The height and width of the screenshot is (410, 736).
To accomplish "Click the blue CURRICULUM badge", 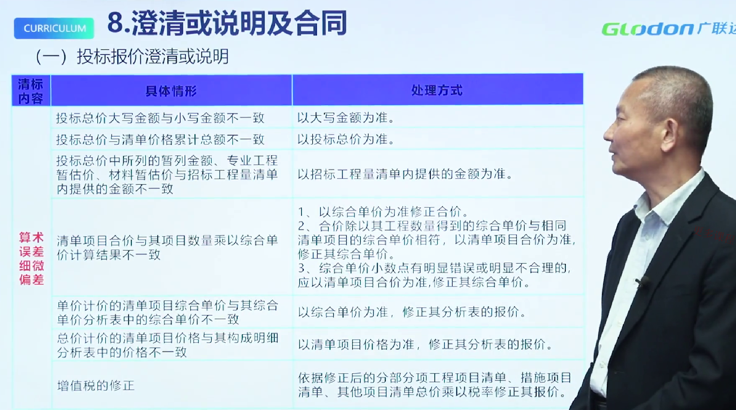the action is (x=54, y=28).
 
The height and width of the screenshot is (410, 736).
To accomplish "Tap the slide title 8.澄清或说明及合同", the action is (x=227, y=23).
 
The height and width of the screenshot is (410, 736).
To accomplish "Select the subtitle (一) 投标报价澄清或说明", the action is (x=132, y=56).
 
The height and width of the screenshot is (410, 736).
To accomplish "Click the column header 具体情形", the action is (x=171, y=91).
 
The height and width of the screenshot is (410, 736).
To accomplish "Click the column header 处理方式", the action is (x=437, y=91).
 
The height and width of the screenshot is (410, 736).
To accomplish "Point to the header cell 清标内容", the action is (x=31, y=91).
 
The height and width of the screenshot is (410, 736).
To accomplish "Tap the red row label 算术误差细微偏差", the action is (x=31, y=258).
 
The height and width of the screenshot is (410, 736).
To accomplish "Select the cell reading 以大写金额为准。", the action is (x=346, y=118).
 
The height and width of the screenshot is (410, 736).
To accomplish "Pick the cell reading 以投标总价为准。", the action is (x=346, y=139).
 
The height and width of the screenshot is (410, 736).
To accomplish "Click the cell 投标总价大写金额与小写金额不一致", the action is (x=161, y=118).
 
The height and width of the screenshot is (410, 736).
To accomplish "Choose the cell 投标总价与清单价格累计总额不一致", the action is (x=161, y=140).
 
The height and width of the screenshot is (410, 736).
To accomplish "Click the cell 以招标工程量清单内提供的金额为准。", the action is (x=405, y=175).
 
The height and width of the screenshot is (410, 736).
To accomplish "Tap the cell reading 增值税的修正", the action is (x=96, y=385).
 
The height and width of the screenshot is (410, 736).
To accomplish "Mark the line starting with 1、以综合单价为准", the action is (x=383, y=211).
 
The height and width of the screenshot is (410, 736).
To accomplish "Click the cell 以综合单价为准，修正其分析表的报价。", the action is (x=412, y=312).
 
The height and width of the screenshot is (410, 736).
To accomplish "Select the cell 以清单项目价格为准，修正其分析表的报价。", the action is (x=425, y=344).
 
